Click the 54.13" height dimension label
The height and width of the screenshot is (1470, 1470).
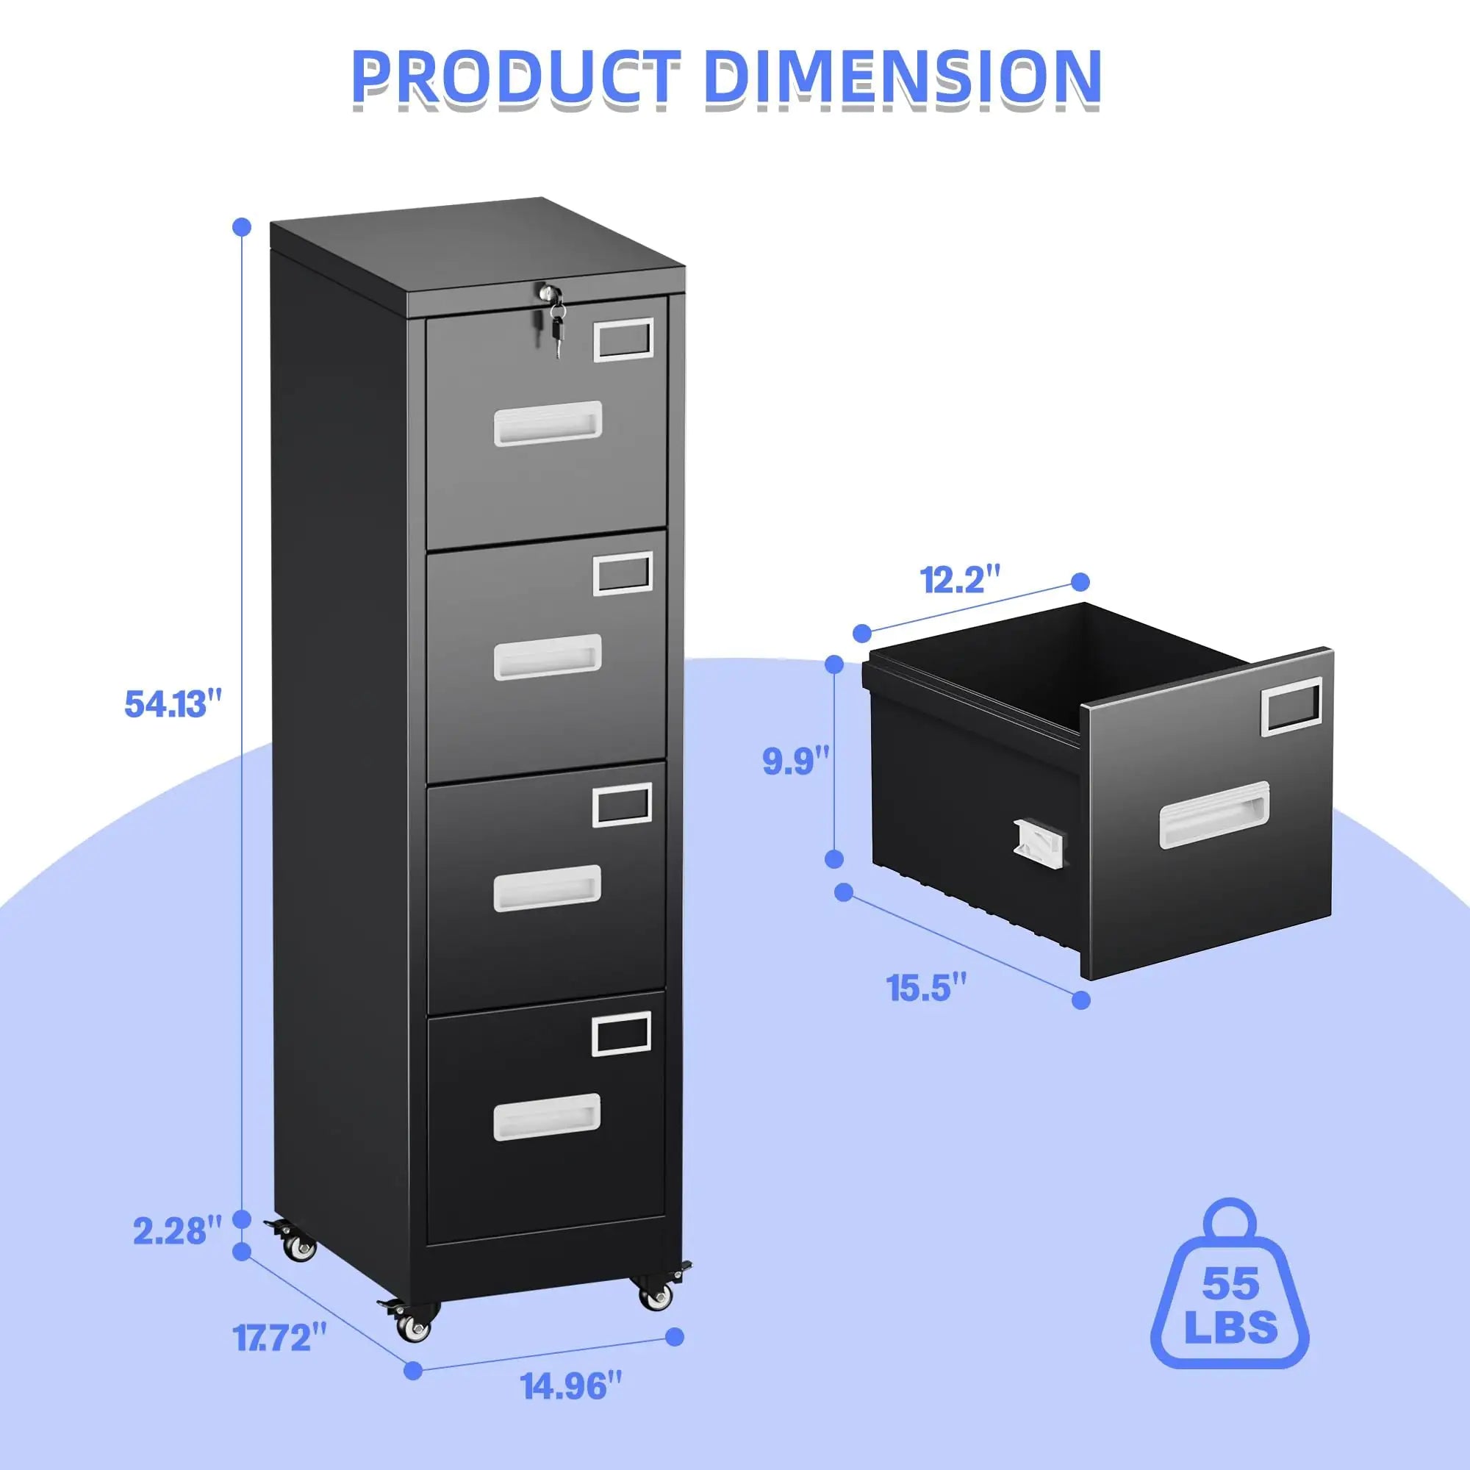coord(173,703)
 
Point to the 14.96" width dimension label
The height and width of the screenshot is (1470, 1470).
coord(571,1386)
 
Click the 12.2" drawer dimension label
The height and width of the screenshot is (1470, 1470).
coord(959,580)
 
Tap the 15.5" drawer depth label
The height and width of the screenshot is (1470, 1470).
coord(927,988)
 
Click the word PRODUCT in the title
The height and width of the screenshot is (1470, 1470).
coord(517,79)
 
